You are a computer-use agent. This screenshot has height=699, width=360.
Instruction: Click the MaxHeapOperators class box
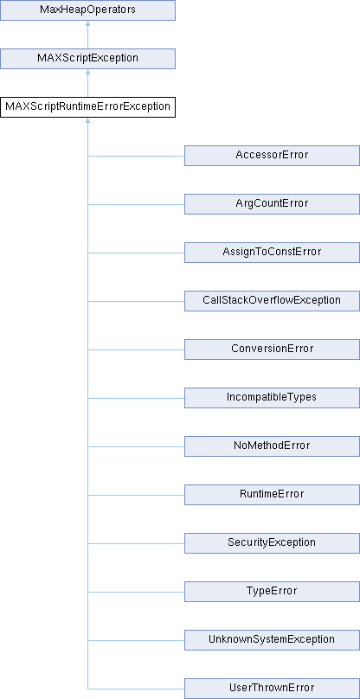click(x=87, y=10)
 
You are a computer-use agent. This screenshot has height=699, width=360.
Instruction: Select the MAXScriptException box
click(x=87, y=59)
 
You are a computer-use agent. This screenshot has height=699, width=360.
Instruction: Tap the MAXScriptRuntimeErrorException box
click(x=87, y=107)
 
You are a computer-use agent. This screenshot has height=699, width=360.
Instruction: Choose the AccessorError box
click(x=272, y=156)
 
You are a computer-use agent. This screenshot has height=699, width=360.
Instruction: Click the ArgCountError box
click(x=272, y=204)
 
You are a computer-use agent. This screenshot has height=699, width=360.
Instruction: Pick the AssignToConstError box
click(x=272, y=253)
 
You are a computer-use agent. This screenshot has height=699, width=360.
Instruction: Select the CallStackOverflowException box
click(x=272, y=301)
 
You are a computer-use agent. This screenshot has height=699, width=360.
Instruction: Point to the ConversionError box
click(x=272, y=349)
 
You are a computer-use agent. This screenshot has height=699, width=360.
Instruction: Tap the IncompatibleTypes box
click(x=272, y=398)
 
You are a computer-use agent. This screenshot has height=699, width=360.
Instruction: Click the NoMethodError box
click(x=272, y=446)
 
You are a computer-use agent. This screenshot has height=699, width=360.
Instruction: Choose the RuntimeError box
click(x=272, y=495)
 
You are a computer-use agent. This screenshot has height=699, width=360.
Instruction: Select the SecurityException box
click(x=272, y=543)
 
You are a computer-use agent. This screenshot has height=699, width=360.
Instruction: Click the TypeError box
click(x=272, y=592)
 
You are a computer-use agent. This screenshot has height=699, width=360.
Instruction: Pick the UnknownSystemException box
click(x=272, y=640)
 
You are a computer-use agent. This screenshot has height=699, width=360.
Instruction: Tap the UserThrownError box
click(x=272, y=689)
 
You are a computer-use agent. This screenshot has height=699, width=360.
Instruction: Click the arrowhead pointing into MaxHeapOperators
click(x=88, y=23)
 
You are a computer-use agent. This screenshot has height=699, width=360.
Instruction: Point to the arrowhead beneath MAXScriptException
click(x=88, y=72)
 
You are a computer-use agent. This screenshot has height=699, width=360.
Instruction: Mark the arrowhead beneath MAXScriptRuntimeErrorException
click(x=88, y=120)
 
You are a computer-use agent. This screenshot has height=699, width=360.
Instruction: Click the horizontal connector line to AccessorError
click(x=136, y=156)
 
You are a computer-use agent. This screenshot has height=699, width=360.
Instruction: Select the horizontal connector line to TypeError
click(x=136, y=592)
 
